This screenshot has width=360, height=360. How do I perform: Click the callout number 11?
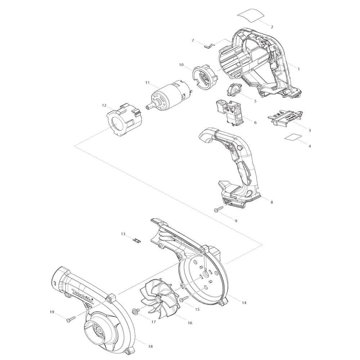147,82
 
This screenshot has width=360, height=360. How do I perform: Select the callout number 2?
272,27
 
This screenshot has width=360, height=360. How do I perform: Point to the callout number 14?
244,303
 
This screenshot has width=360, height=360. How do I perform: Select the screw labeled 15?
184,299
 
